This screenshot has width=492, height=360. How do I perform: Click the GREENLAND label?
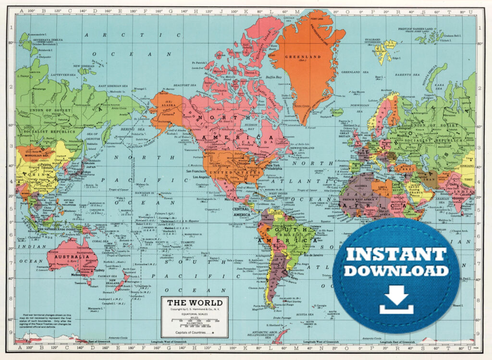pyautogui.click(x=303, y=56)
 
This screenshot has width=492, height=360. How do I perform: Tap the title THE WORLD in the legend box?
pyautogui.click(x=194, y=302)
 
